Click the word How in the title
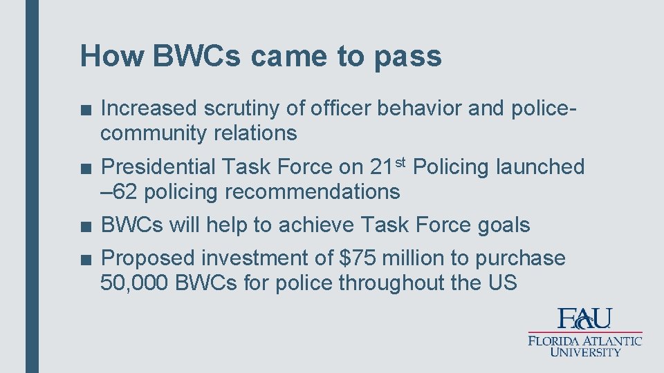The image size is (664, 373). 111,56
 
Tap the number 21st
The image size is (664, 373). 387,166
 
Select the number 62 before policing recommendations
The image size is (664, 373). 124,191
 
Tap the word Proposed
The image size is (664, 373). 148,258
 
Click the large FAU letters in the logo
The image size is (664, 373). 584,318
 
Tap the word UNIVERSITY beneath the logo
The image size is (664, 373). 585,352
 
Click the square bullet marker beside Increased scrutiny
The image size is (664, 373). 84,109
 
